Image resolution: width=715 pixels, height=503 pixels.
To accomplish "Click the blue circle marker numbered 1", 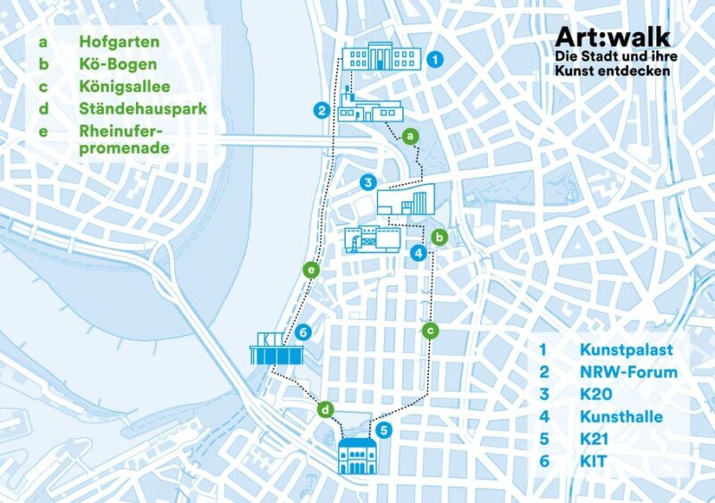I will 434,60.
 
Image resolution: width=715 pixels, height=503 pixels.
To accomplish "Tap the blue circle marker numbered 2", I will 321,111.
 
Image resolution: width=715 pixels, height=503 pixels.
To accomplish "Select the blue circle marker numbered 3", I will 367,182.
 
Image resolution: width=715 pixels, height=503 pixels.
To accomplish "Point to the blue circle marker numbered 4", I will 417,253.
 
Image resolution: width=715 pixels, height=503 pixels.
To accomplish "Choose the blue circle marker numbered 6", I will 304,332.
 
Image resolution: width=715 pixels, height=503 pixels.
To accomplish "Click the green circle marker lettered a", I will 409,136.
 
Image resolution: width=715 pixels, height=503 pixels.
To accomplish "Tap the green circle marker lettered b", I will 439,238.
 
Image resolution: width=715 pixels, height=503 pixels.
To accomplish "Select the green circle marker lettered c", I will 430,331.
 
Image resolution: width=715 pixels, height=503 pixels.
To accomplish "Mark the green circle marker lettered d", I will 326,410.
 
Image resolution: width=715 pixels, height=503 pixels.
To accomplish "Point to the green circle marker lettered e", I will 310,268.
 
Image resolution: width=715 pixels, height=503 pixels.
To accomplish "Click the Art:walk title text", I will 611,37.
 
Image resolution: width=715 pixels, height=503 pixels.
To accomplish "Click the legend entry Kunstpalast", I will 625,349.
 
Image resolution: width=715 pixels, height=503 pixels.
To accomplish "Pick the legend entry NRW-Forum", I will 628,372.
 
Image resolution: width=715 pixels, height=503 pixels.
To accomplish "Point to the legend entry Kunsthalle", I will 621,416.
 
